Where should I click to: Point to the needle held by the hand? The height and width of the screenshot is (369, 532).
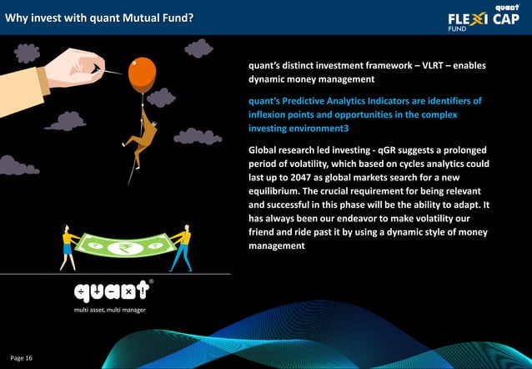109,71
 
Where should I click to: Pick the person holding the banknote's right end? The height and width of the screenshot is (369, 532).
182,247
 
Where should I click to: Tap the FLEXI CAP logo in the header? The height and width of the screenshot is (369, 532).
483,18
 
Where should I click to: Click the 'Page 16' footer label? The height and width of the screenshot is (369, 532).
22,358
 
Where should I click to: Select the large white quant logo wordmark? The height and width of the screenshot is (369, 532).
112,292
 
